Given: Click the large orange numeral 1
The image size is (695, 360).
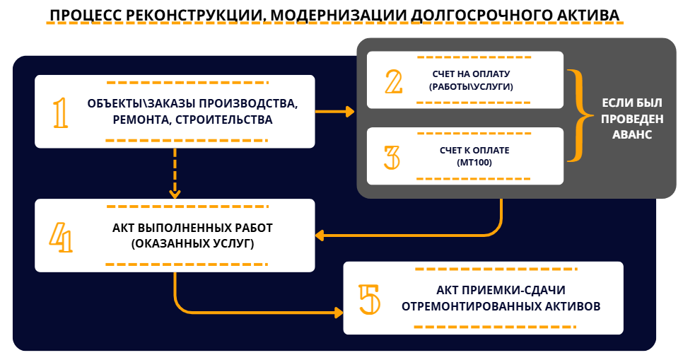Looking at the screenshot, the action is coord(61,113).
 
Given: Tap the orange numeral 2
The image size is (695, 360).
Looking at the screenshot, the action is coord(394,81).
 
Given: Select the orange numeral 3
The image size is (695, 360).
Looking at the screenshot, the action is coord(392,158).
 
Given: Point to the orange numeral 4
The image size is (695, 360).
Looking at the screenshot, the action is coord(61,237).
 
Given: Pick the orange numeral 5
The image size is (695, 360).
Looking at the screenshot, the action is coord(369,300).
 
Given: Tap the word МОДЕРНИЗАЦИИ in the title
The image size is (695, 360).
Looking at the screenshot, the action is coord(338,15).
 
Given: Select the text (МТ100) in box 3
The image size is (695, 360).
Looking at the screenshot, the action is coord(474,163).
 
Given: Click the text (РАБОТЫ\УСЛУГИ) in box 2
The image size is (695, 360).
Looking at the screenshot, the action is coord(471,87).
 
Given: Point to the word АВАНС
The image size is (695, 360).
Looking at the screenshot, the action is coord(632,134).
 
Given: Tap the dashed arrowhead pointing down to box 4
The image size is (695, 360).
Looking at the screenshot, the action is coord(175,193).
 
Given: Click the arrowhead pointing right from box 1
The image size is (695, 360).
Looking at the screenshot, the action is coord(350,112).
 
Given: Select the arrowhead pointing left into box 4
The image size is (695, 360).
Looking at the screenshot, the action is coord(320,236).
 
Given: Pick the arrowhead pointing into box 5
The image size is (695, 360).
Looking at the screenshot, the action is coord(338,313).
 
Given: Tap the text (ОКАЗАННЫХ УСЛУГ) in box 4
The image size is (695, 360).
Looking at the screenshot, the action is coord(193,244).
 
